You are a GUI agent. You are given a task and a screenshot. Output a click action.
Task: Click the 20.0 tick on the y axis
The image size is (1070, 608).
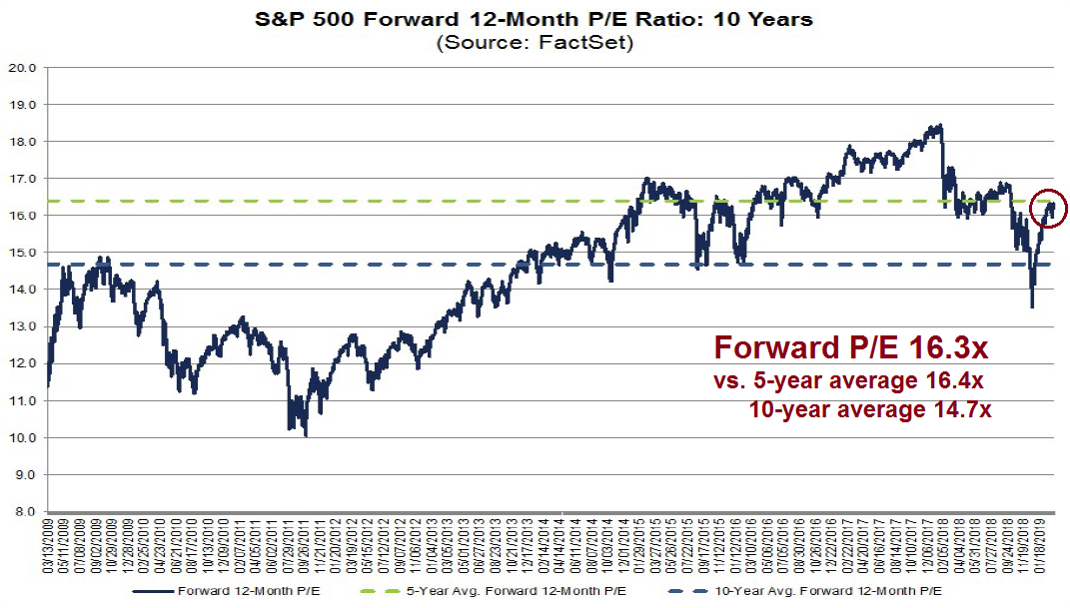point(25,68)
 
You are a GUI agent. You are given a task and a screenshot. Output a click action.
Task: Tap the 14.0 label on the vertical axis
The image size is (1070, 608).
point(25,290)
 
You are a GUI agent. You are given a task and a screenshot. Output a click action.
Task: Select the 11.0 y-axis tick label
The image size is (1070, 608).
point(25,400)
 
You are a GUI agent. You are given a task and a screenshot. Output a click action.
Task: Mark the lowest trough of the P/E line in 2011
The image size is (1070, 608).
point(305,435)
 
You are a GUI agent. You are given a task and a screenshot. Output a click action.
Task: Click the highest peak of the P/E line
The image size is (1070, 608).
point(940,126)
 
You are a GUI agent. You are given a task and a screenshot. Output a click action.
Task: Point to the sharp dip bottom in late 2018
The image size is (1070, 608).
point(1032,307)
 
